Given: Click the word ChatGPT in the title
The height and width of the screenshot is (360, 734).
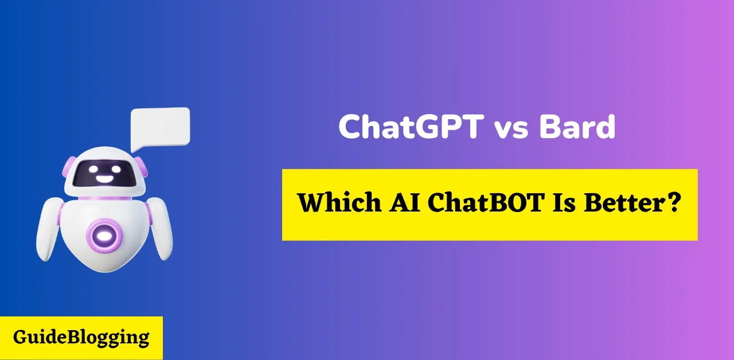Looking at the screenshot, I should point(410,127).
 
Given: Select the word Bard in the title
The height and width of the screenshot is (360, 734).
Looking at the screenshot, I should point(577,127).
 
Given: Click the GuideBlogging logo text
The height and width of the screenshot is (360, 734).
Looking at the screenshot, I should point(81,337).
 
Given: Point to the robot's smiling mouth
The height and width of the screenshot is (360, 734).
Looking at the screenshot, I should point(104,178).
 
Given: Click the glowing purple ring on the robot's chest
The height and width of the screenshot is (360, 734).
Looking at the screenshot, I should point(103,234).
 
